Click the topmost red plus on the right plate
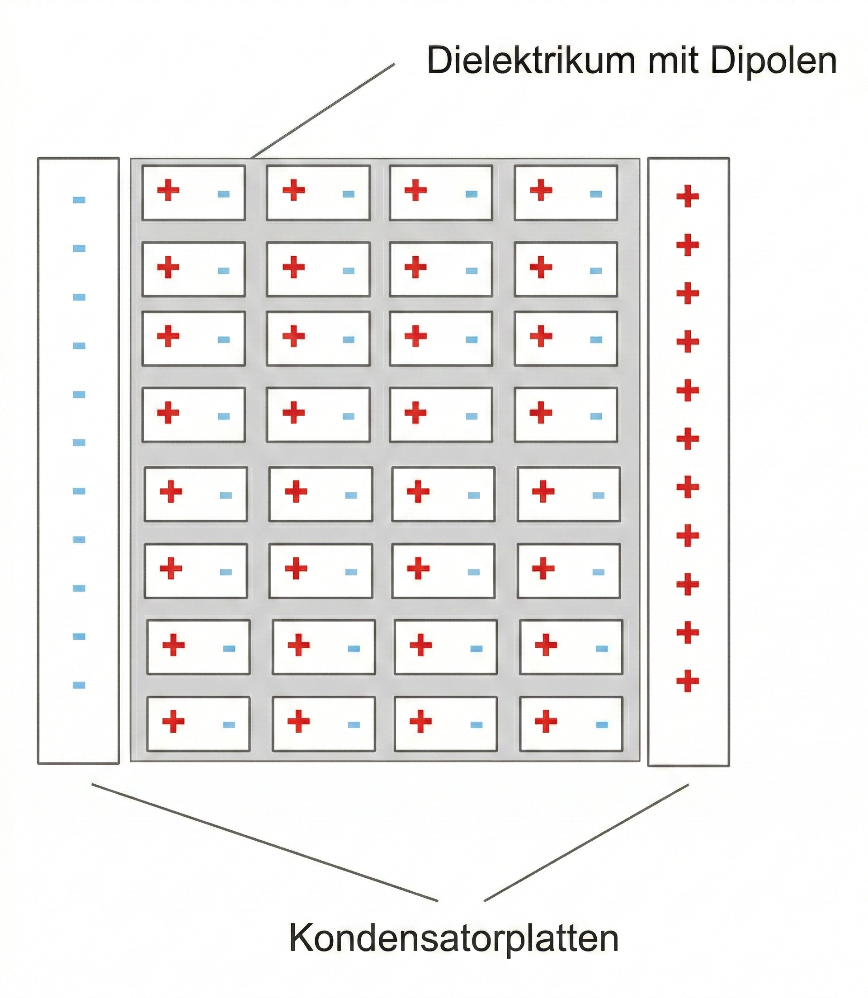(x=687, y=196)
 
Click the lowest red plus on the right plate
(x=687, y=681)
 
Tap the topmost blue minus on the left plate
(x=79, y=199)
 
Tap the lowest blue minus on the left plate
(x=79, y=685)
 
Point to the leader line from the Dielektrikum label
(x=323, y=111)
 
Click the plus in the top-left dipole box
(x=168, y=190)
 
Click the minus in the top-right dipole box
(x=596, y=194)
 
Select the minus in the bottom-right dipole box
(x=602, y=725)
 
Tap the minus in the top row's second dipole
(x=349, y=194)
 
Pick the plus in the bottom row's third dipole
(x=420, y=721)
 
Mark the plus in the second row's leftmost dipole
(x=168, y=267)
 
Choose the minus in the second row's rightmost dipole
(x=596, y=271)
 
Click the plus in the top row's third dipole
(x=415, y=190)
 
